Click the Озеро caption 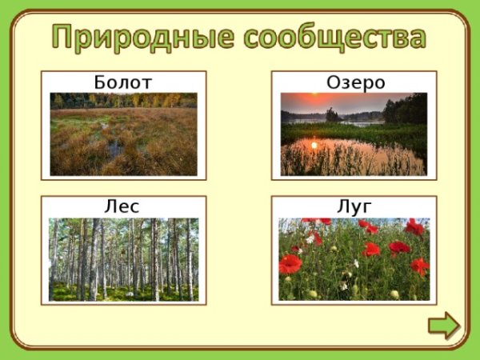355,82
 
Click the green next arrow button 443,326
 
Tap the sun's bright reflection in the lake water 313,146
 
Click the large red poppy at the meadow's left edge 290,263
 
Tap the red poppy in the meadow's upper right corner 414,227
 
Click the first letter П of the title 66,36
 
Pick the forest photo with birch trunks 123,259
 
